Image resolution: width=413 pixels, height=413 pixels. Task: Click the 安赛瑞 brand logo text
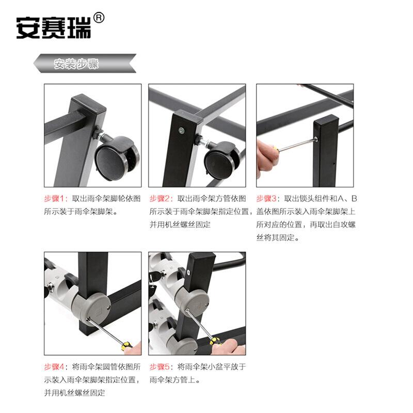tap(54, 28)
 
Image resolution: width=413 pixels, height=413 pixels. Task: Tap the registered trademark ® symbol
tap(99, 18)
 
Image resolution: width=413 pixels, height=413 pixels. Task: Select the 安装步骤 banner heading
tap(76, 63)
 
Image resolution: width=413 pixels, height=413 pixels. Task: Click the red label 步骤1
tap(54, 199)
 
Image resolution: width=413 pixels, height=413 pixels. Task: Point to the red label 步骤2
tap(160, 199)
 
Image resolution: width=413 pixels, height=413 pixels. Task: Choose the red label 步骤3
tap(266, 199)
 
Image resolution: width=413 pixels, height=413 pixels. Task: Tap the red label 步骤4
tap(54, 367)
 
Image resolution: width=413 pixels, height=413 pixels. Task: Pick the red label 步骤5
tap(160, 367)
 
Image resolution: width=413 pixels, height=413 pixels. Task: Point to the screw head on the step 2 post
tap(182, 130)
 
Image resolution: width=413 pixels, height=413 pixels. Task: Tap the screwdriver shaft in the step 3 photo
tap(297, 145)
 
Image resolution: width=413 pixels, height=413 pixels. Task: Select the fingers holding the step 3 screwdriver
tap(266, 158)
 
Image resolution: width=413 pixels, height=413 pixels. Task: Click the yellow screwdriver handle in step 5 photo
tap(215, 341)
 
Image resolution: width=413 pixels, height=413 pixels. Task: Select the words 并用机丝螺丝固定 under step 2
tap(180, 225)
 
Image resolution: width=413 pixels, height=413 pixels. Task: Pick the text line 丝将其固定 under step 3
tap(278, 238)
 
